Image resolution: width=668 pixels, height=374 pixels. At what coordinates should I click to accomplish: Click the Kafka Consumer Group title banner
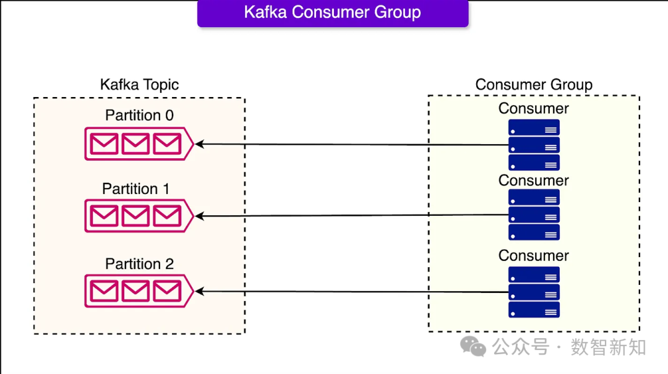point(333,13)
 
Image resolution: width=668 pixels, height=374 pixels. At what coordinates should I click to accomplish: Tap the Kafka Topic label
point(139,85)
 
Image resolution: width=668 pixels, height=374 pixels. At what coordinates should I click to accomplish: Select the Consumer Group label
point(534,85)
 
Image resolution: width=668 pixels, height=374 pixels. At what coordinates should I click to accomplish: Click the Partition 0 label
point(139,115)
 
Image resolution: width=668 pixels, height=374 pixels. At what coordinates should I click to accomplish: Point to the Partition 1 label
point(135,189)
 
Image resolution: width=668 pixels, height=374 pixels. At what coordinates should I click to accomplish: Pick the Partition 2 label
point(139,264)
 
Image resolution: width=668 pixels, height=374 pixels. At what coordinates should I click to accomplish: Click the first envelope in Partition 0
point(104,144)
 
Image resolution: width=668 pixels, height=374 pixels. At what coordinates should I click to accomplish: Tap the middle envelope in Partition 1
point(135,216)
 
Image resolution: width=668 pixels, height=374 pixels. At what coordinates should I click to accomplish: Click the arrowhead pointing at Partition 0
point(199,144)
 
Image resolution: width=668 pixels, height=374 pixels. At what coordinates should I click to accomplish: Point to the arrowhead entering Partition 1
point(199,216)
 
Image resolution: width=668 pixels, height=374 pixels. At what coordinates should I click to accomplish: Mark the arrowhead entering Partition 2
point(199,291)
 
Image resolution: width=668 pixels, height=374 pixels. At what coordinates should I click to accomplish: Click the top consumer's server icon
point(534,145)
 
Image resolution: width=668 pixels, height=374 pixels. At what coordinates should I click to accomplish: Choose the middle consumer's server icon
point(534,215)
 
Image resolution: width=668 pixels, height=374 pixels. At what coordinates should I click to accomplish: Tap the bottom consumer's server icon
point(534,292)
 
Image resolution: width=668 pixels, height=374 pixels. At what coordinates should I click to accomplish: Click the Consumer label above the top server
point(534,109)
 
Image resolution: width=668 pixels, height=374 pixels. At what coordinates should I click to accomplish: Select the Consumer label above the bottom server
point(534,255)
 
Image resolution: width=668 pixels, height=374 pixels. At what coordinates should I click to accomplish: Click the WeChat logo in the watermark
point(474,347)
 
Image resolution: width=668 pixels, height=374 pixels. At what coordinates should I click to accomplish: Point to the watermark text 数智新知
point(608,347)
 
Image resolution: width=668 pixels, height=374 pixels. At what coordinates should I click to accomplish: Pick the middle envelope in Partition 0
point(135,144)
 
